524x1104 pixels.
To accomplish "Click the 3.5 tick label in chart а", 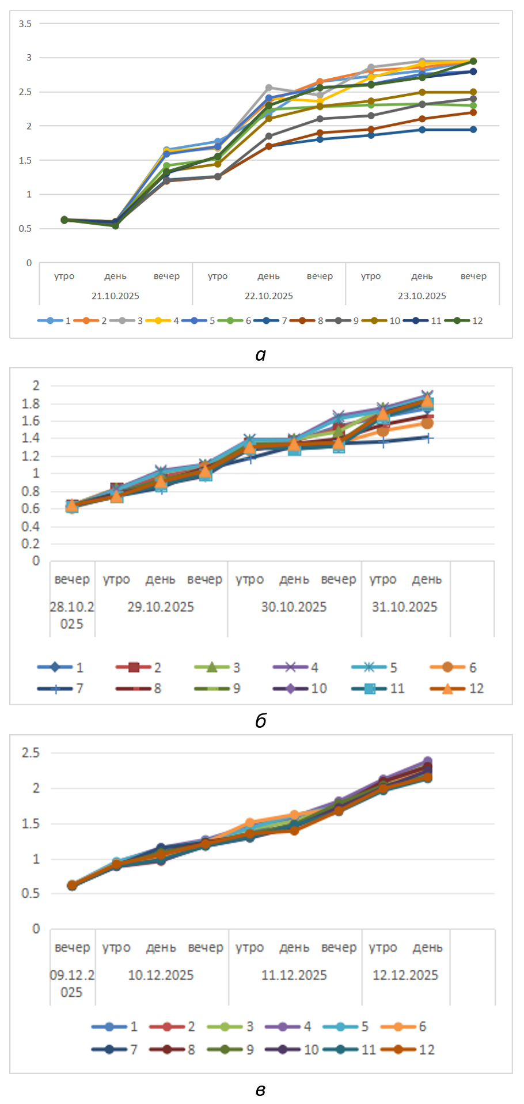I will (25, 24).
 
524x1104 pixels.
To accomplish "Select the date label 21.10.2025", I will (115, 296).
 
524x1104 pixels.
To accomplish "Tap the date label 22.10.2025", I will (268, 296).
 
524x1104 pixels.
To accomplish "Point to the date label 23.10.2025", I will (422, 296).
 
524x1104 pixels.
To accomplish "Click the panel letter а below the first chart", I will (260, 355).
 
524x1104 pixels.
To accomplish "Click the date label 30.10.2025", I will (294, 607).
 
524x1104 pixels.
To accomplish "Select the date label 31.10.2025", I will (404, 607).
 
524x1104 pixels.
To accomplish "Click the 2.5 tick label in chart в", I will (31, 753).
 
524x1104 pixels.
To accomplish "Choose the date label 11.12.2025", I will (294, 976).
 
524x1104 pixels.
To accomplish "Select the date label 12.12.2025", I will (405, 976).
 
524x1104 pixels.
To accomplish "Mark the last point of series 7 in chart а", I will (473, 130).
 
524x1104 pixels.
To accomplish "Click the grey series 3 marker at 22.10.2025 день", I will (269, 88).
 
